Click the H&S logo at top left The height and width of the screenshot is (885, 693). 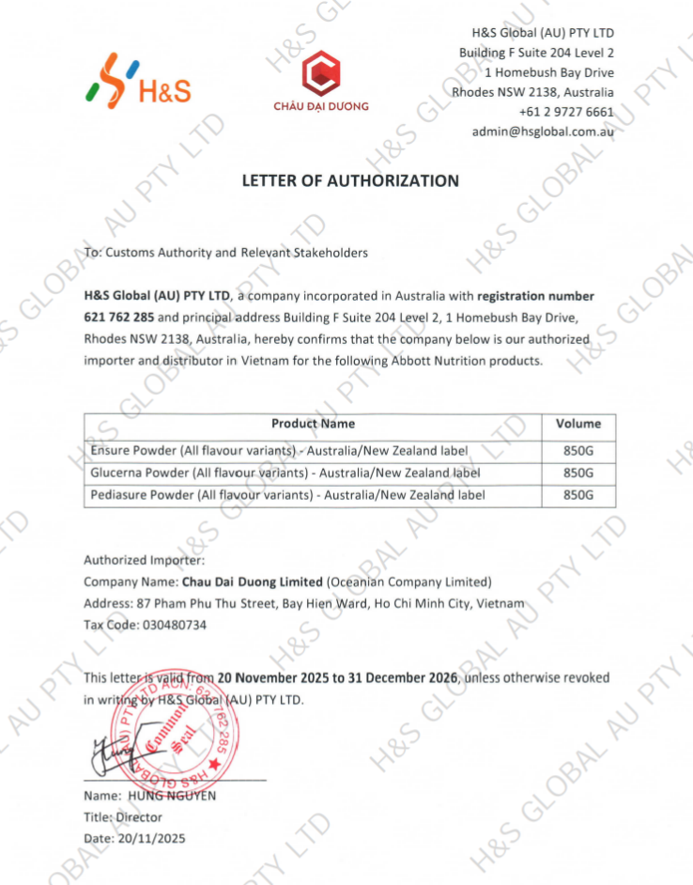click(x=138, y=82)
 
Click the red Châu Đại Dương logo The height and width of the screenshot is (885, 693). click(x=321, y=80)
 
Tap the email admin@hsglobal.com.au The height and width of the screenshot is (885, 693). click(x=543, y=132)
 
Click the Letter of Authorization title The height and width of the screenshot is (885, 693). click(x=350, y=180)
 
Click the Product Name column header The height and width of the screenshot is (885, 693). click(x=313, y=424)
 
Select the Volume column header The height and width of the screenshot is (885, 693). click(x=578, y=424)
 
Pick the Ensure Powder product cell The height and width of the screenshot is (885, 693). click(x=278, y=451)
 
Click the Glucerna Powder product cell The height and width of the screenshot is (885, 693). click(x=285, y=473)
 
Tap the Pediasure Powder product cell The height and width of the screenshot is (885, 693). click(x=287, y=495)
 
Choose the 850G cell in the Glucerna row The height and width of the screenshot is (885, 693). click(x=578, y=473)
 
